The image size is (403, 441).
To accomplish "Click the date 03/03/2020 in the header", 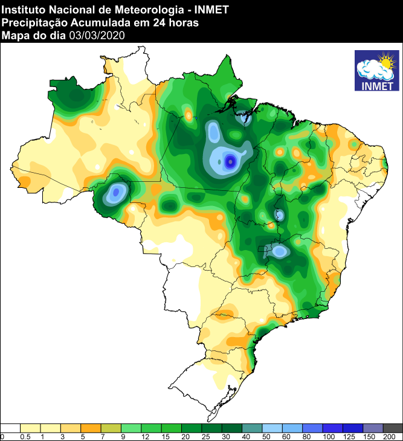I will pos(97,35).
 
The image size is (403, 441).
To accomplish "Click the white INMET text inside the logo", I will pos(376,85).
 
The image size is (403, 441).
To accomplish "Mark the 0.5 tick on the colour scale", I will pos(25,436).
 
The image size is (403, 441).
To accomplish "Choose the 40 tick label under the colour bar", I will pos(247,436).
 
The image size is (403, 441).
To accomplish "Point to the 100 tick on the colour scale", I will pos(328,436).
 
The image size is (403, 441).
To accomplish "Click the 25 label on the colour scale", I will pos(206,436).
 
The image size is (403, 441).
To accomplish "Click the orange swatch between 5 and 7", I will pos(91,428).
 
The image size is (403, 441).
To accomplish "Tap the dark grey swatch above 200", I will pos(393,428).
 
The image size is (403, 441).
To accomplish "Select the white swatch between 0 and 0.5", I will pos(11,428).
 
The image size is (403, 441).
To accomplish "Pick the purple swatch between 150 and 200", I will pos(373,428).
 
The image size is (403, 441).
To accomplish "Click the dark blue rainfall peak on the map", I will pos(230,161).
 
